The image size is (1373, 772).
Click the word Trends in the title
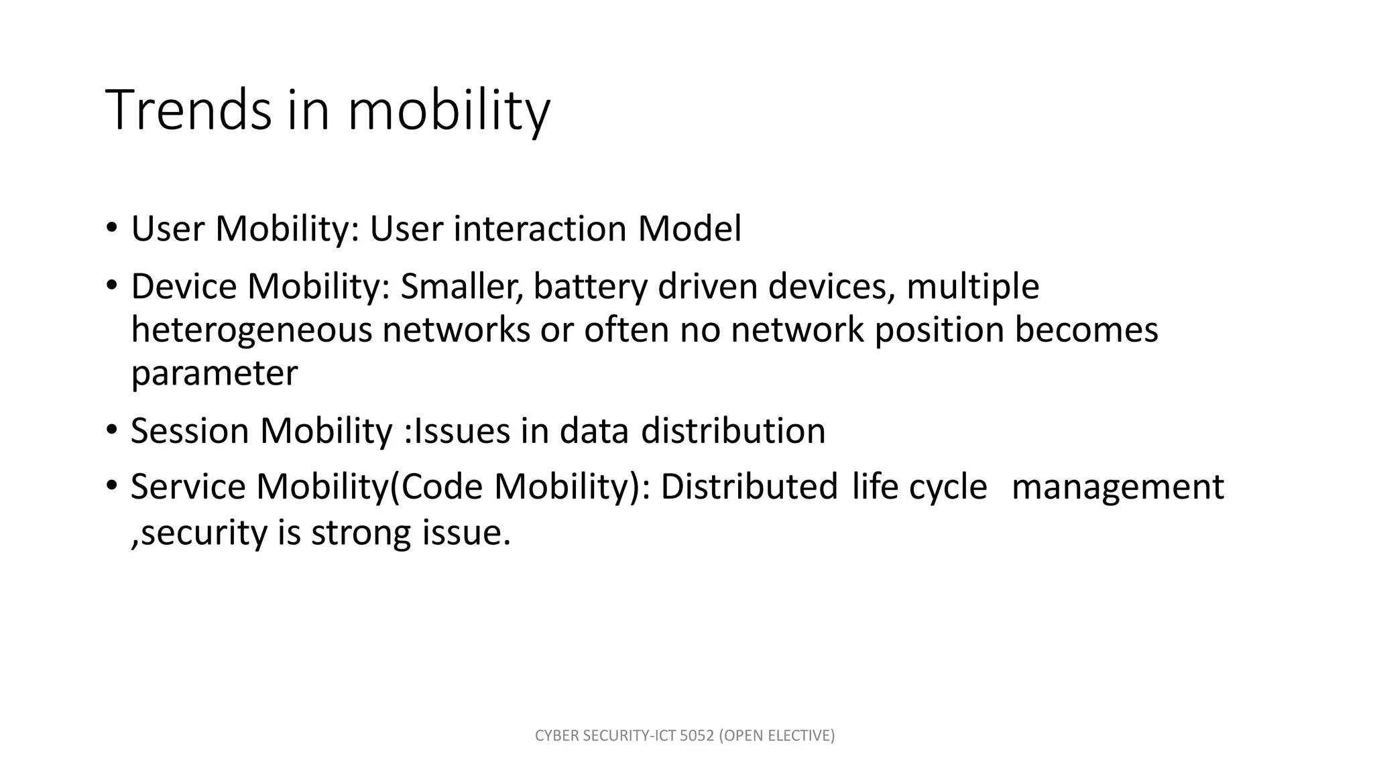pyautogui.click(x=188, y=110)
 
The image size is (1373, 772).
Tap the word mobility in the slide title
pyautogui.click(x=449, y=110)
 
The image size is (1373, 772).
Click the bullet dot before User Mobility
pyautogui.click(x=111, y=226)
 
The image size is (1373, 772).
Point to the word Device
pyautogui.click(x=184, y=286)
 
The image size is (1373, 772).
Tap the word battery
pyautogui.click(x=590, y=287)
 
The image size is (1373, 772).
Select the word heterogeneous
pyautogui.click(x=251, y=330)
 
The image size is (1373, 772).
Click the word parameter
pyautogui.click(x=214, y=374)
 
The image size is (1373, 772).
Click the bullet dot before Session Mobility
pyautogui.click(x=111, y=428)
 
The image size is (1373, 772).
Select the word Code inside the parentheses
pyautogui.click(x=442, y=487)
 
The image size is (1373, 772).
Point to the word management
pyautogui.click(x=1117, y=488)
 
